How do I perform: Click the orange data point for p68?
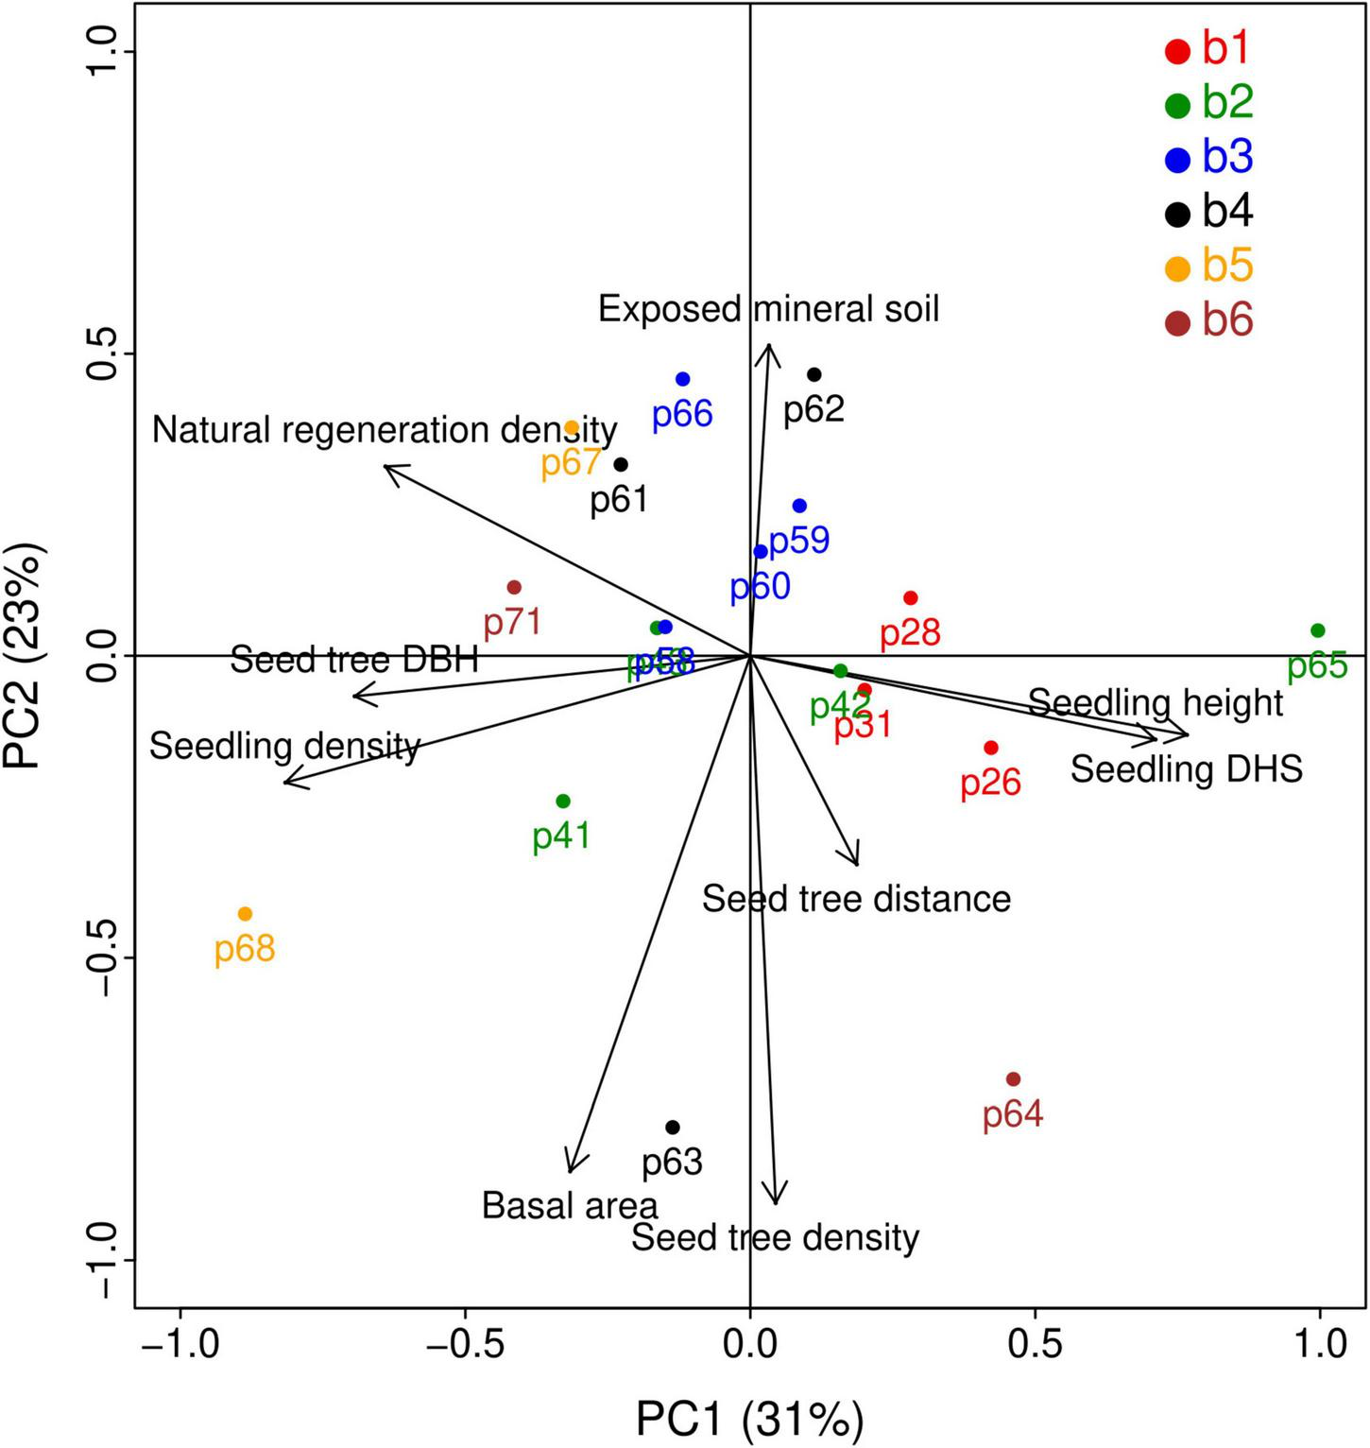tap(245, 914)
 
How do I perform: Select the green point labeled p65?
tap(1318, 630)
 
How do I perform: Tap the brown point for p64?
tap(1013, 1079)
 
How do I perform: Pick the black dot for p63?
tap(673, 1128)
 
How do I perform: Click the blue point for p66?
tap(682, 379)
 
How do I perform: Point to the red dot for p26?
tap(991, 748)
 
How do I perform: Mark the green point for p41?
tap(563, 802)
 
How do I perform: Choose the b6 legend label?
tap(1226, 321)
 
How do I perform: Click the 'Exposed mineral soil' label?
tap(768, 309)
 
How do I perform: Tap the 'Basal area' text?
tap(570, 1206)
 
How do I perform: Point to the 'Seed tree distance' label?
tap(856, 898)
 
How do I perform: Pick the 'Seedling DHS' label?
tap(1186, 769)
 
